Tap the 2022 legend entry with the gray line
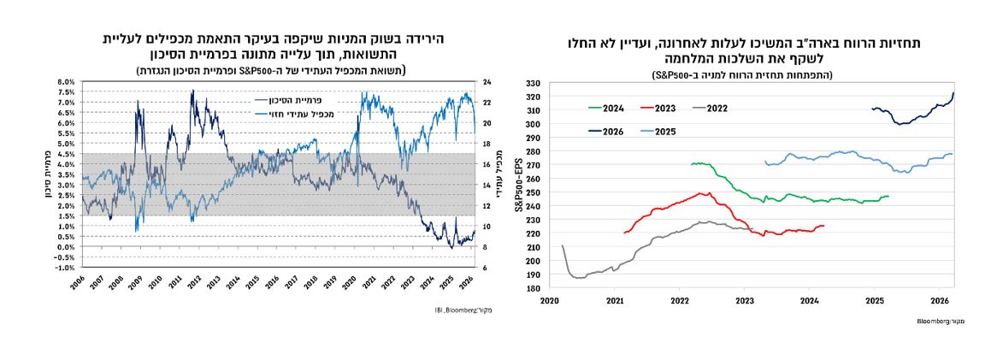[712, 109]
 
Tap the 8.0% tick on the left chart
[65, 82]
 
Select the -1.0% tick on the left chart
[64, 268]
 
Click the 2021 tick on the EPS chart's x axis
[615, 300]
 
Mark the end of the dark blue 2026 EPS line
[953, 93]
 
